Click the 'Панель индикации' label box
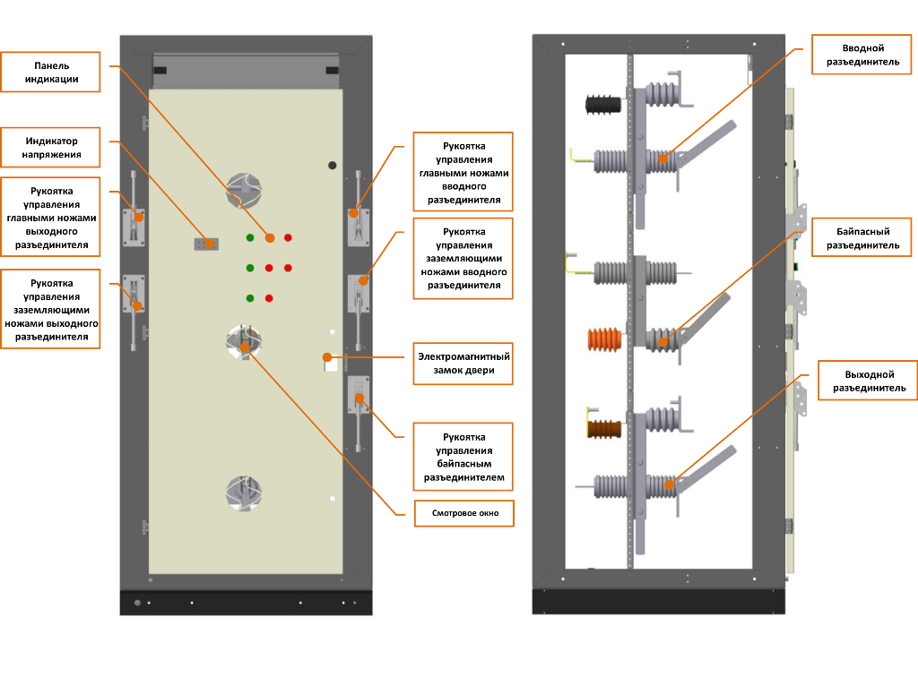[50, 72]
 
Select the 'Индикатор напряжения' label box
[50, 148]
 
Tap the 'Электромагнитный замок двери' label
[463, 363]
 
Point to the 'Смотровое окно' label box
[464, 513]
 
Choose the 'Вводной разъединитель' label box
[862, 55]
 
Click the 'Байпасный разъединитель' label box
[862, 237]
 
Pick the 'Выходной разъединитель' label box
[868, 381]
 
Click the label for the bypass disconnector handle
[463, 457]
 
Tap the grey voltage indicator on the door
[206, 244]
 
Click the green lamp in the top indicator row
[250, 237]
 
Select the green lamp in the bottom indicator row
[250, 298]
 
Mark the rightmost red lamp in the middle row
[288, 268]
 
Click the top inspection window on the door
[244, 190]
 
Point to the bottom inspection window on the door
[244, 493]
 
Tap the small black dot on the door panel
[332, 166]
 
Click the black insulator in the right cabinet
[603, 105]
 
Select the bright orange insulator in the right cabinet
[604, 340]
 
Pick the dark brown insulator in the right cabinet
[603, 429]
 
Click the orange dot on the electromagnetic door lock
[327, 356]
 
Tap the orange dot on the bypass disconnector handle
[359, 398]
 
